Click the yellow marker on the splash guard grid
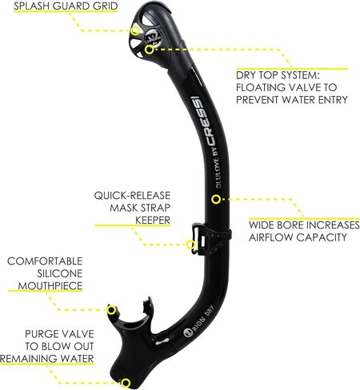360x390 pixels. coord(135,30)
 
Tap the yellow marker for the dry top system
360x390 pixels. coord(150,50)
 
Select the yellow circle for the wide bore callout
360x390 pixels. coord(216,199)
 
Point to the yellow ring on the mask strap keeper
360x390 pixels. coord(190,245)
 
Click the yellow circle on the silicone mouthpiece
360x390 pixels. coord(112,310)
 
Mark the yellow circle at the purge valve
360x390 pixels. coord(126,383)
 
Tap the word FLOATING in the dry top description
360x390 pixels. coord(261,87)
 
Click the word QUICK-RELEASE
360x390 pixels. coord(132,196)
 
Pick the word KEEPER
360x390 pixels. coord(153,221)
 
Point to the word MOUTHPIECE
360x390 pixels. coord(50,286)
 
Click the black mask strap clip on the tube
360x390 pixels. coord(210,239)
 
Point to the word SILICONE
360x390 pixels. coord(60,273)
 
